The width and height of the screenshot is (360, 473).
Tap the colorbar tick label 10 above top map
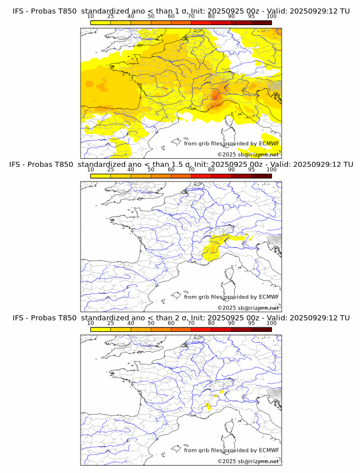tap(90, 16)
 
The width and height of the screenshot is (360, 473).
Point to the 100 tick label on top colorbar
tap(271, 16)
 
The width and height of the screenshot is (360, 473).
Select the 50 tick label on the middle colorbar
tap(151, 170)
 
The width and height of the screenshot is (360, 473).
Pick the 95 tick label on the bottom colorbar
tap(251, 323)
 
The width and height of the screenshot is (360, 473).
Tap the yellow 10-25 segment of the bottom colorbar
tap(100, 329)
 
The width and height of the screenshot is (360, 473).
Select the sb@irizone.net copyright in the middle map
tap(249, 308)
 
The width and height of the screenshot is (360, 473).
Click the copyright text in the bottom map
tap(249, 461)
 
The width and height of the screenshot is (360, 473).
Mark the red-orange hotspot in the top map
tap(216, 96)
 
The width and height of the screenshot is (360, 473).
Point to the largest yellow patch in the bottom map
tap(208, 407)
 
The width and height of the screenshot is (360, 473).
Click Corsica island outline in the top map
tap(230, 121)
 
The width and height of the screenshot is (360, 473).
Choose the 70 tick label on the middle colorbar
tap(191, 170)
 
